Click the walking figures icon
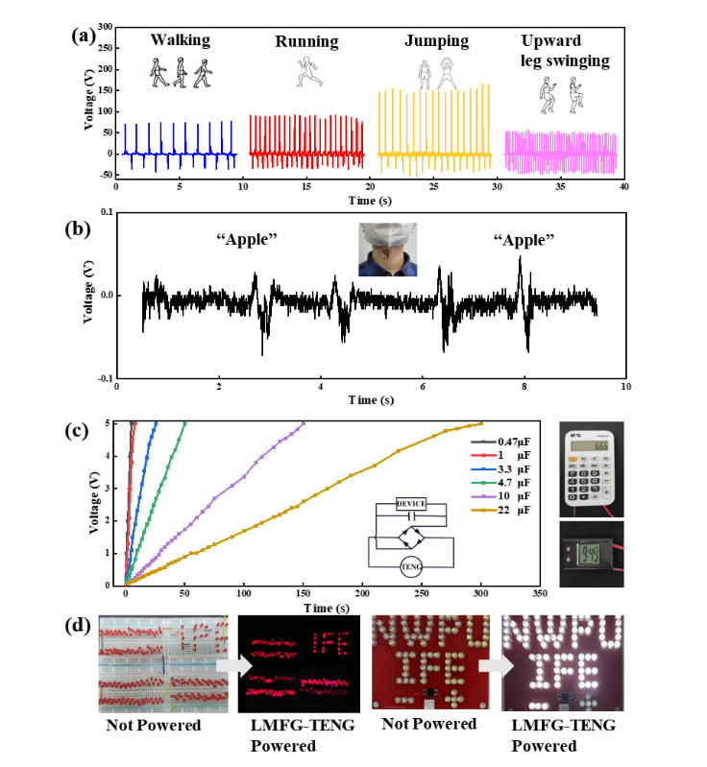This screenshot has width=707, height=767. coord(181,73)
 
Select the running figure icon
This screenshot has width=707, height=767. coord(307,71)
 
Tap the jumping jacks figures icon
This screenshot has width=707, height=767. coord(437,73)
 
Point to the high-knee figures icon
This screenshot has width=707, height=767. coord(562,94)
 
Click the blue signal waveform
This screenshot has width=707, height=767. coord(180,149)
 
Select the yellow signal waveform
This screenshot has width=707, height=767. coord(434,134)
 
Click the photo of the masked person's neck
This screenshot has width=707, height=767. coord(388,250)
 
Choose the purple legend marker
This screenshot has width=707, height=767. coord(483,496)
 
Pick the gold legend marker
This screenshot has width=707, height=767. coord(483,510)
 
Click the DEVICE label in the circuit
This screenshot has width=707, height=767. coord(411,504)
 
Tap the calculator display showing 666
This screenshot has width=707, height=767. coord(592,445)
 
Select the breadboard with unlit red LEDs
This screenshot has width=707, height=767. coord(162,663)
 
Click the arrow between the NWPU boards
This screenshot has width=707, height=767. coord(495,665)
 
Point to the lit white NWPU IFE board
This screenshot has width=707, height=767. coord(562,662)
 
